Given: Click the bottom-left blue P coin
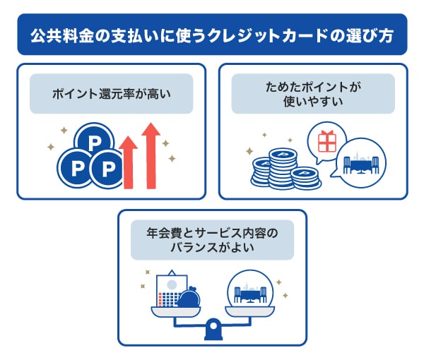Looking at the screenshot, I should pyautogui.click(x=74, y=168).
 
